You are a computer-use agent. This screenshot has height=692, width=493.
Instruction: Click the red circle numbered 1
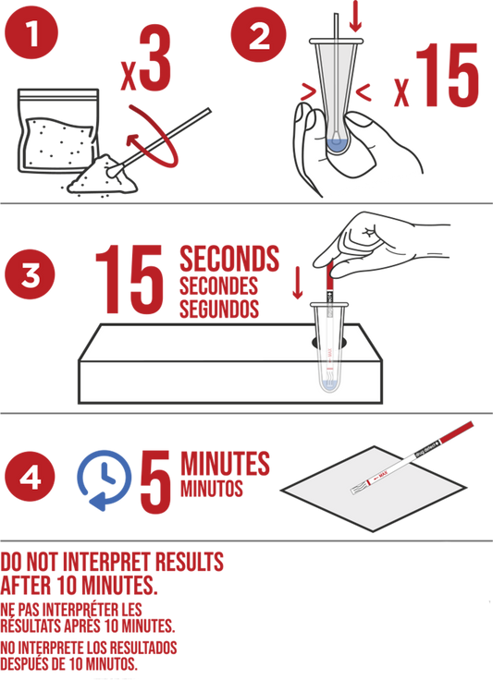[x=31, y=33]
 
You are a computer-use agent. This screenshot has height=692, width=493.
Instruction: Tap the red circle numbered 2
[x=258, y=34]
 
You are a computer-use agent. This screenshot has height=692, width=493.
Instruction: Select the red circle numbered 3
[x=30, y=274]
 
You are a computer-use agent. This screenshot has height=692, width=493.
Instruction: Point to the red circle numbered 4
[x=30, y=476]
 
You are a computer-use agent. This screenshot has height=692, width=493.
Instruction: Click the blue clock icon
[x=105, y=479]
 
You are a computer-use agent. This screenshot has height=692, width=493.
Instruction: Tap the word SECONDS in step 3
[x=229, y=259]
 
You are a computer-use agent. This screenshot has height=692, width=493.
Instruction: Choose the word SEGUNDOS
[x=218, y=309]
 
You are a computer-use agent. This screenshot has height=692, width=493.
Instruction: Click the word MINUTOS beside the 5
[x=212, y=489]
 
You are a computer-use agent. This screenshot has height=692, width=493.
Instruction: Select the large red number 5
[x=155, y=481]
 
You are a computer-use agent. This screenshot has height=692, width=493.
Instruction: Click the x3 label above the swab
[x=147, y=60]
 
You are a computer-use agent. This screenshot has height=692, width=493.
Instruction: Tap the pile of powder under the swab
[x=103, y=176]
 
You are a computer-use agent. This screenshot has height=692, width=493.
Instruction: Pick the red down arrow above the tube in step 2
[x=355, y=17]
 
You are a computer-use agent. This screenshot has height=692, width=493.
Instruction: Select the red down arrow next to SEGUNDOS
[x=298, y=283]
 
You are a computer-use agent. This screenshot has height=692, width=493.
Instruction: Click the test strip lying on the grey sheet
[x=412, y=457]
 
